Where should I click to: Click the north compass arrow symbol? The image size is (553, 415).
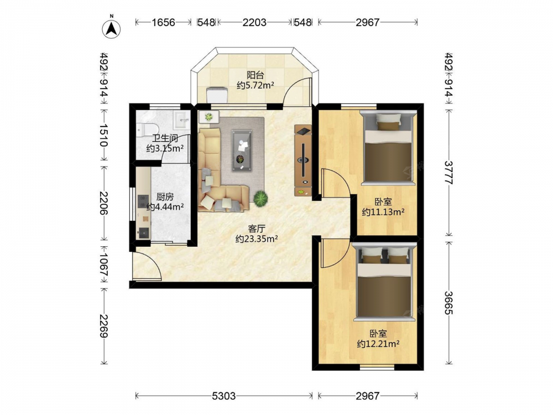[112, 29]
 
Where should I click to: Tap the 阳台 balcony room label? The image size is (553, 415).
[255, 75]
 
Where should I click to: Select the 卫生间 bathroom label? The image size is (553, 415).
[165, 138]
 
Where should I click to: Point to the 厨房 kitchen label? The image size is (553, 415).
[165, 197]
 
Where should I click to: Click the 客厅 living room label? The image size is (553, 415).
[257, 229]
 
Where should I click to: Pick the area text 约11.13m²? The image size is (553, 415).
[383, 212]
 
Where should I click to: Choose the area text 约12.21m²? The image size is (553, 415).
[378, 344]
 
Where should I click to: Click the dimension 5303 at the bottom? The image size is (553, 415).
[223, 396]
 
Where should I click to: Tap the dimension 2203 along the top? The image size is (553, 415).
[254, 22]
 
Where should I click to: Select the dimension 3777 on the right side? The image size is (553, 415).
[448, 173]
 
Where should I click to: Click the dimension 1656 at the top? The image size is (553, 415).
[163, 22]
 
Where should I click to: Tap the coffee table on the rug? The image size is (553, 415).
[242, 151]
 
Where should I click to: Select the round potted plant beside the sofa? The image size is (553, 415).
[260, 198]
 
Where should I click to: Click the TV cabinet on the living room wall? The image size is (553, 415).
[303, 160]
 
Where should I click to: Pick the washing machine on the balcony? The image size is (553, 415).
[217, 95]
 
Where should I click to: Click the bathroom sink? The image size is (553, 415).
[181, 120]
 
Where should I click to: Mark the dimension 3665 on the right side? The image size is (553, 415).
[448, 303]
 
